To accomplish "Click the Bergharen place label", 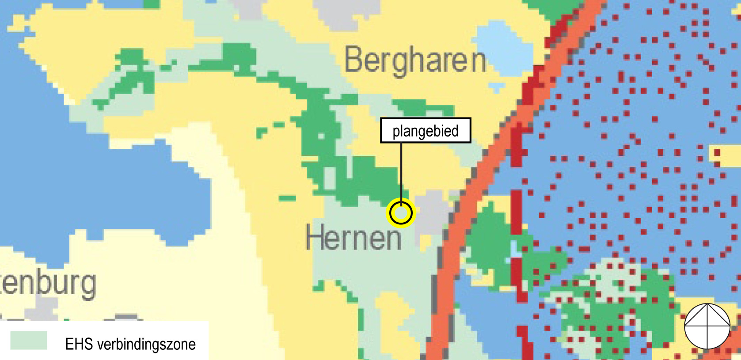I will [x=414, y=60].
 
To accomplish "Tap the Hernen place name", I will [x=353, y=238].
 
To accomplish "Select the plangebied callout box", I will [x=425, y=131].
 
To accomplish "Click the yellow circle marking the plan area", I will [x=401, y=213].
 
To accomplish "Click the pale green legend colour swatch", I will [x=28, y=341].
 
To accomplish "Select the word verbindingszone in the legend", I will [x=146, y=344].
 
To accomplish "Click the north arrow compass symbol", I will [x=707, y=326].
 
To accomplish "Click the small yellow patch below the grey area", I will [x=426, y=241].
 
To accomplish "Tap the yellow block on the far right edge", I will [x=725, y=155].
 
